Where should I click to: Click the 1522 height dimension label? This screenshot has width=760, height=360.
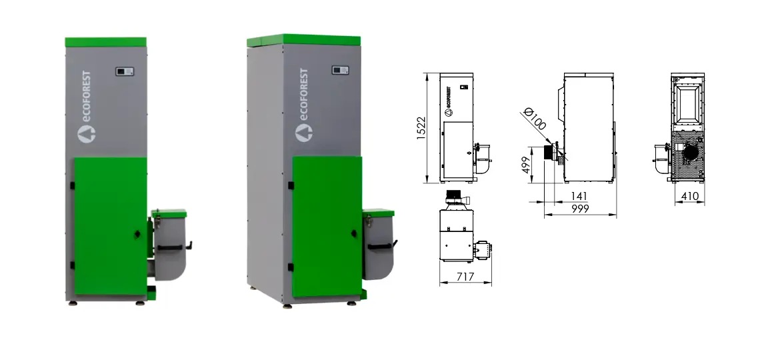click(421, 129)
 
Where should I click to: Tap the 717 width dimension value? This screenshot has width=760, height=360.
click(465, 277)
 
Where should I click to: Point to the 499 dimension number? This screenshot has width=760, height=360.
click(527, 165)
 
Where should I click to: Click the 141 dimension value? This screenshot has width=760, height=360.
click(579, 196)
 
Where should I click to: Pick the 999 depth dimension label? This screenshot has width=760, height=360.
click(580, 209)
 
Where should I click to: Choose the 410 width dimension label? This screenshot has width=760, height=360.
click(690, 196)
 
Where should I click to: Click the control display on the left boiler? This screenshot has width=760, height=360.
click(125, 72)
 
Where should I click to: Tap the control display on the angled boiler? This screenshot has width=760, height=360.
click(340, 70)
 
